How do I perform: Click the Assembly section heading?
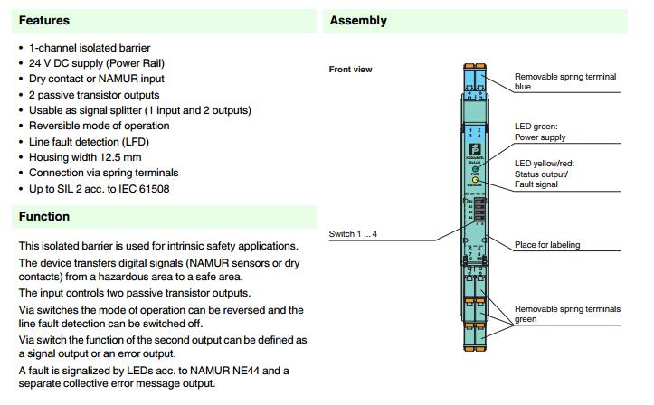point(358,20)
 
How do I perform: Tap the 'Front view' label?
point(351,70)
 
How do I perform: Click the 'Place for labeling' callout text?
point(547,245)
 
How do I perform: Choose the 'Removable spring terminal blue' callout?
point(564,82)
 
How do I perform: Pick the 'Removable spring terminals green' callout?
point(567,314)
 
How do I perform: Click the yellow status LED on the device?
point(474,181)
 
